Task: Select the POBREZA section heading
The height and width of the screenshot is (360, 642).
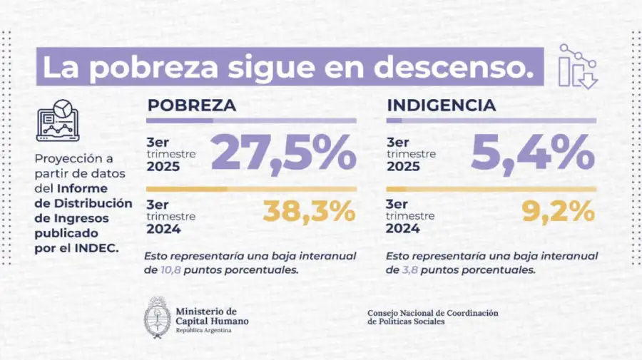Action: point(191,106)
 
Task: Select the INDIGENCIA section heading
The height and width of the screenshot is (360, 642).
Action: point(441,106)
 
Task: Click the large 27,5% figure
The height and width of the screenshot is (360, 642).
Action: point(283,152)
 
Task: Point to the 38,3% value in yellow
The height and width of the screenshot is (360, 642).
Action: point(309,211)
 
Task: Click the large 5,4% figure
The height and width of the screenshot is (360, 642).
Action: point(532,152)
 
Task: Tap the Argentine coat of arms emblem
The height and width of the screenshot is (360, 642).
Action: point(157,317)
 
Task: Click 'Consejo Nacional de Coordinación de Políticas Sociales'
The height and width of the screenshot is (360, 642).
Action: point(432,317)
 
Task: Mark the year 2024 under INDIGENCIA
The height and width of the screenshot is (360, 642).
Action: point(402,228)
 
